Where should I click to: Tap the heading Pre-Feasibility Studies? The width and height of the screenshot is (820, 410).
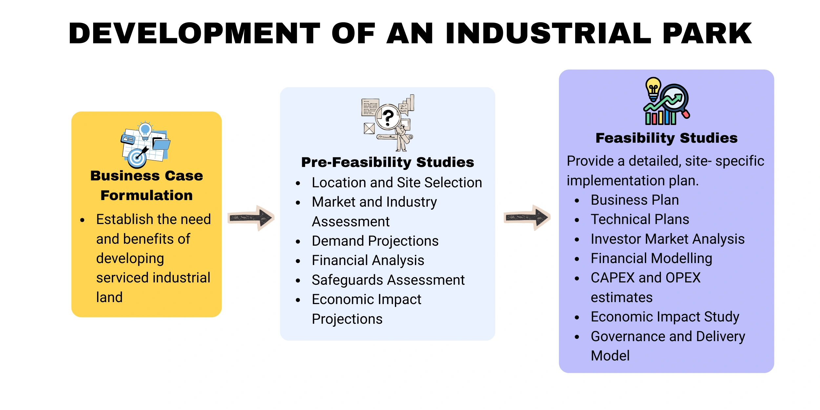[x=388, y=162]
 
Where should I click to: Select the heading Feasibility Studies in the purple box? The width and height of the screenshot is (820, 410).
[x=666, y=138]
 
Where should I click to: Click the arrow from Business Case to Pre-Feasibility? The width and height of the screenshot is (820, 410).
[x=251, y=218]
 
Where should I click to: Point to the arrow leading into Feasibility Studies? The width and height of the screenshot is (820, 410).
[x=527, y=217]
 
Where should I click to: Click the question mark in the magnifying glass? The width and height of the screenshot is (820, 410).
[x=388, y=118]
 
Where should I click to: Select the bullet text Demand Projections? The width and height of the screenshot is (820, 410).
[x=375, y=241]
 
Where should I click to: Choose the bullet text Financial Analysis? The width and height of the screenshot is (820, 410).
[x=368, y=260]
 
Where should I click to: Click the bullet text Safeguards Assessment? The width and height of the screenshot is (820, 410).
[x=388, y=280]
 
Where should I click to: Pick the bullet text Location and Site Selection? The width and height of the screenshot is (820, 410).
[x=397, y=182]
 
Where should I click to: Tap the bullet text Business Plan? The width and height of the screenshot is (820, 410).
[x=635, y=200]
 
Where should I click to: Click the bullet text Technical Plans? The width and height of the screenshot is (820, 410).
[x=640, y=219]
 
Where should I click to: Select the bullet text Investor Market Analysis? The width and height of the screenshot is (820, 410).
[x=668, y=239]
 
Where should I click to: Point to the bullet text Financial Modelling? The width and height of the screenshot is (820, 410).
[x=651, y=258]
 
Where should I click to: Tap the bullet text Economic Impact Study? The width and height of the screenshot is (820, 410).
[x=665, y=317]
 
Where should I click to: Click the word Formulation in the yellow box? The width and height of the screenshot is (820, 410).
[x=147, y=195]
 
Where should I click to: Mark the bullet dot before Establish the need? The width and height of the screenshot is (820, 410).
[x=82, y=220]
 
